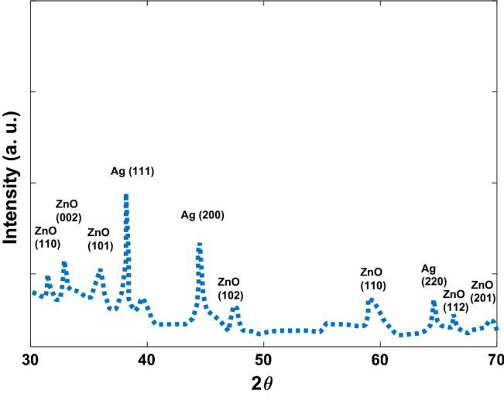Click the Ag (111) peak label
[x=133, y=171]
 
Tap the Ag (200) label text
[x=202, y=215]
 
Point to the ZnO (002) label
[x=68, y=211]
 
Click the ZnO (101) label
[x=99, y=239]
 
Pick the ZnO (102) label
[x=230, y=288]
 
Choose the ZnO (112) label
[x=454, y=300]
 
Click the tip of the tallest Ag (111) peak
[x=125, y=196]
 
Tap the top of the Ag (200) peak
[x=199, y=245]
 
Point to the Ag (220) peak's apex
[x=434, y=302]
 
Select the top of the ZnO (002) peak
[x=64, y=263]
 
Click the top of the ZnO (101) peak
[x=99, y=270]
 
